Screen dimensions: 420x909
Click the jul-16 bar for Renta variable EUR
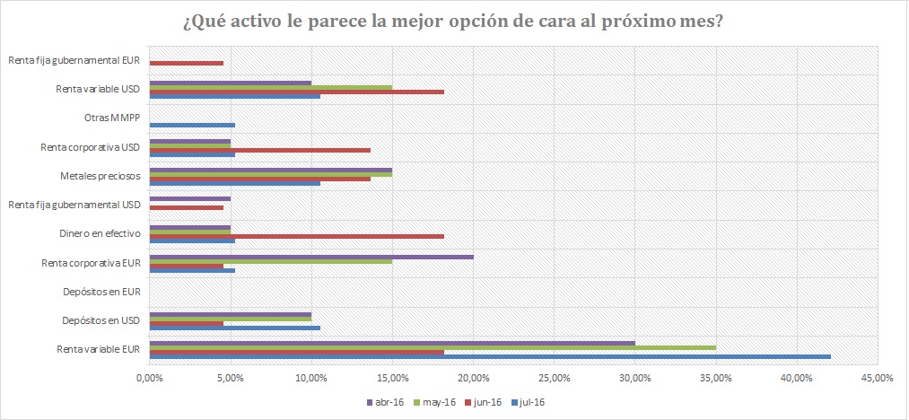pos(489,356)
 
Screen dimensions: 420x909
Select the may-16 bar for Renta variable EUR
pos(432,347)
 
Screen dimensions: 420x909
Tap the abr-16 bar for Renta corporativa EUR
pos(310,257)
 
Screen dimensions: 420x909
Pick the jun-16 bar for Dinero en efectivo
pos(296,236)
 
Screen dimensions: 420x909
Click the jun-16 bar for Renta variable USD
pos(296,92)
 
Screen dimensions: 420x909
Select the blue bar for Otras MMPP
pos(192,126)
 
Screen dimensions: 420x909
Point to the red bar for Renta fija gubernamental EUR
pos(186,63)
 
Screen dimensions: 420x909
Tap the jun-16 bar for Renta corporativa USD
pos(259,150)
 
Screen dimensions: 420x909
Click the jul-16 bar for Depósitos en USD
pos(234,328)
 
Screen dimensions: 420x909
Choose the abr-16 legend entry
pos(386,402)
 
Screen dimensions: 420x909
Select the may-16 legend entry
pos(434,402)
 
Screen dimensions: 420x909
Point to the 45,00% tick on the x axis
pos(878,377)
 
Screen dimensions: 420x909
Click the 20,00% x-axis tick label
pos(473,377)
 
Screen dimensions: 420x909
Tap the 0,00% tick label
pos(149,377)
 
